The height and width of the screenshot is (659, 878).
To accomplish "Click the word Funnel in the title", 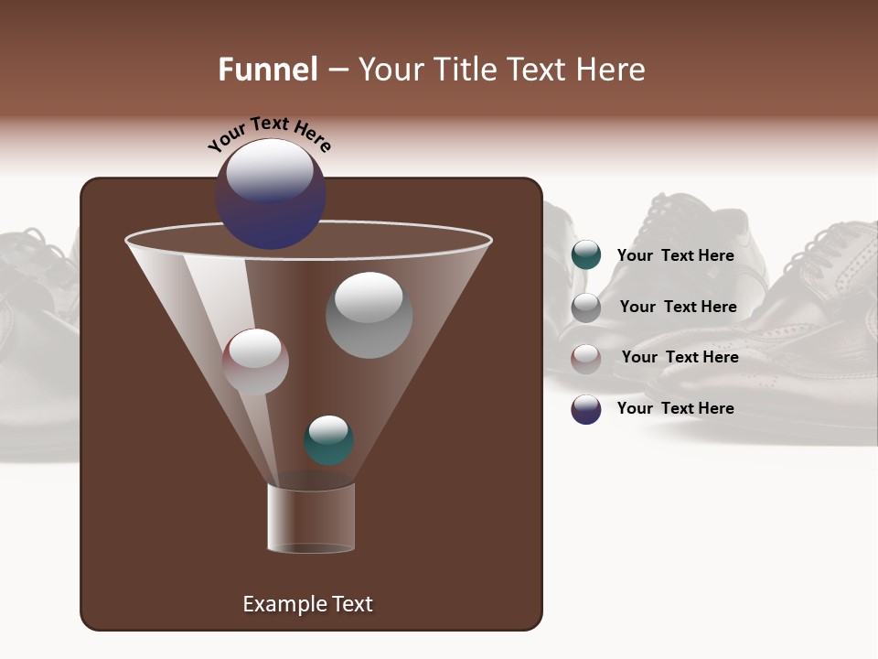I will point(267,70).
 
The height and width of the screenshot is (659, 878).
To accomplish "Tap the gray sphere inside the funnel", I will point(369,315).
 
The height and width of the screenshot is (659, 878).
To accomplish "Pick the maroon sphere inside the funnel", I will point(255,362).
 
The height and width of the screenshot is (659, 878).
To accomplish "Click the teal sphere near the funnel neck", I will point(328,439).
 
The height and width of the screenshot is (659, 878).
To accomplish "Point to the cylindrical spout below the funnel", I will point(311,518).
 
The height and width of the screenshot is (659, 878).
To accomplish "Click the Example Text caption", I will point(307,604).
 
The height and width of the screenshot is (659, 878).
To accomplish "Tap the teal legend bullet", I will point(586,255).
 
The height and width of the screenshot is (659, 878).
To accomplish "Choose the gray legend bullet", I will point(586,308).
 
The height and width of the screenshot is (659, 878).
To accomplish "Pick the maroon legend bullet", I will point(586,359).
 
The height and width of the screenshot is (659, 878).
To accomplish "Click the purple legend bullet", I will point(586,409).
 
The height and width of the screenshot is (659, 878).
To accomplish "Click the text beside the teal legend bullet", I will point(675,255).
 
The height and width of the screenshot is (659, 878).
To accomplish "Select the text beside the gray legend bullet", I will point(678,307).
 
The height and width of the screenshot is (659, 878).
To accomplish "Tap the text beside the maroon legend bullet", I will point(680,357).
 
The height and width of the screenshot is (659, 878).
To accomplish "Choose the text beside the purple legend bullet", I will point(675,408).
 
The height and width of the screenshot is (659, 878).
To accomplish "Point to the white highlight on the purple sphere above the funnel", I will point(269,171).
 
